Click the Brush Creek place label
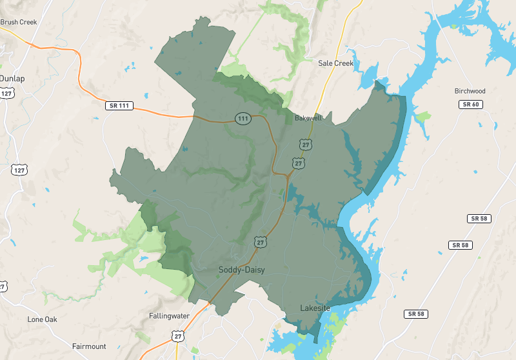(x=19, y=22)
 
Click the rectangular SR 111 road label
(x=119, y=105)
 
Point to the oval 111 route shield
(x=243, y=119)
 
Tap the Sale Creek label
(x=335, y=63)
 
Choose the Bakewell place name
(x=308, y=119)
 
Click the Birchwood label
(x=470, y=91)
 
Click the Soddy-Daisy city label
(x=241, y=270)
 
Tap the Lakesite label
(x=315, y=308)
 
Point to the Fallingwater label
(x=169, y=316)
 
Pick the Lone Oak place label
(x=43, y=319)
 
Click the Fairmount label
(x=89, y=346)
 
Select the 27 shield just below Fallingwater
(x=178, y=335)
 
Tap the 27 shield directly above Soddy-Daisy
(x=260, y=242)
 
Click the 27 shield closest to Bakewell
(x=306, y=145)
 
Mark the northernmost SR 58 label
(x=479, y=219)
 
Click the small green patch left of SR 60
(x=423, y=117)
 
